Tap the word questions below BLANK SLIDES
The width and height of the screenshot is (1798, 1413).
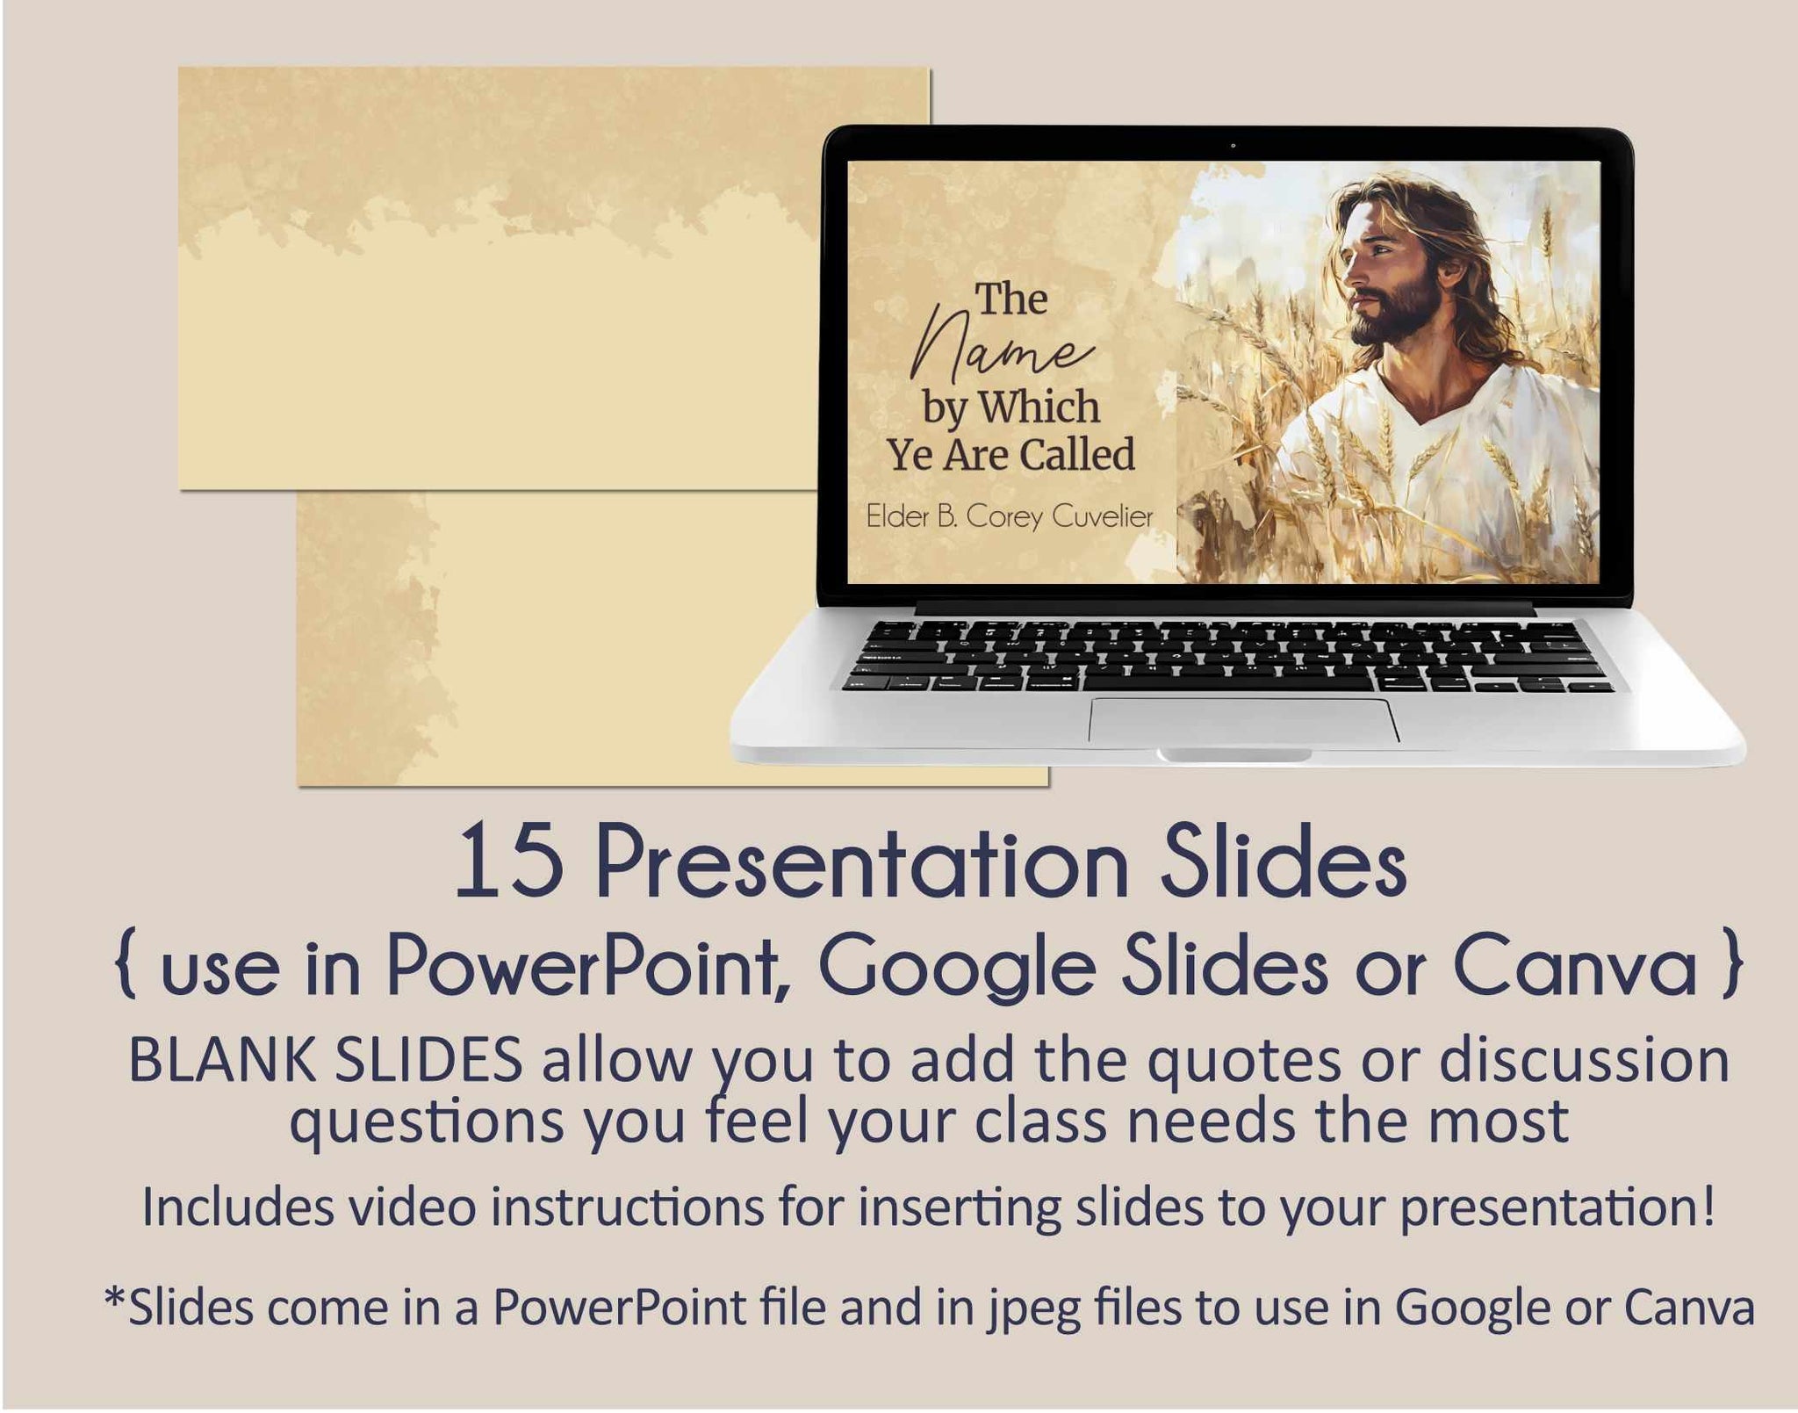coord(427,1123)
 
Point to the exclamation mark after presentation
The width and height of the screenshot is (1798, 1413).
coord(1707,1206)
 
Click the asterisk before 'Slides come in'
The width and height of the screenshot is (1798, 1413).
coord(115,1298)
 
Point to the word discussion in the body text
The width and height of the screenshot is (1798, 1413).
coord(1584,1060)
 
